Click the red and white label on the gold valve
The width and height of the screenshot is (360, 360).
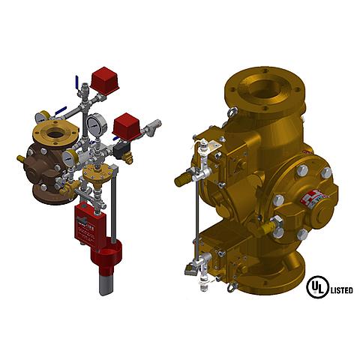pos(313,199)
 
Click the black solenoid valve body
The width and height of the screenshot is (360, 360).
pos(118,150)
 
